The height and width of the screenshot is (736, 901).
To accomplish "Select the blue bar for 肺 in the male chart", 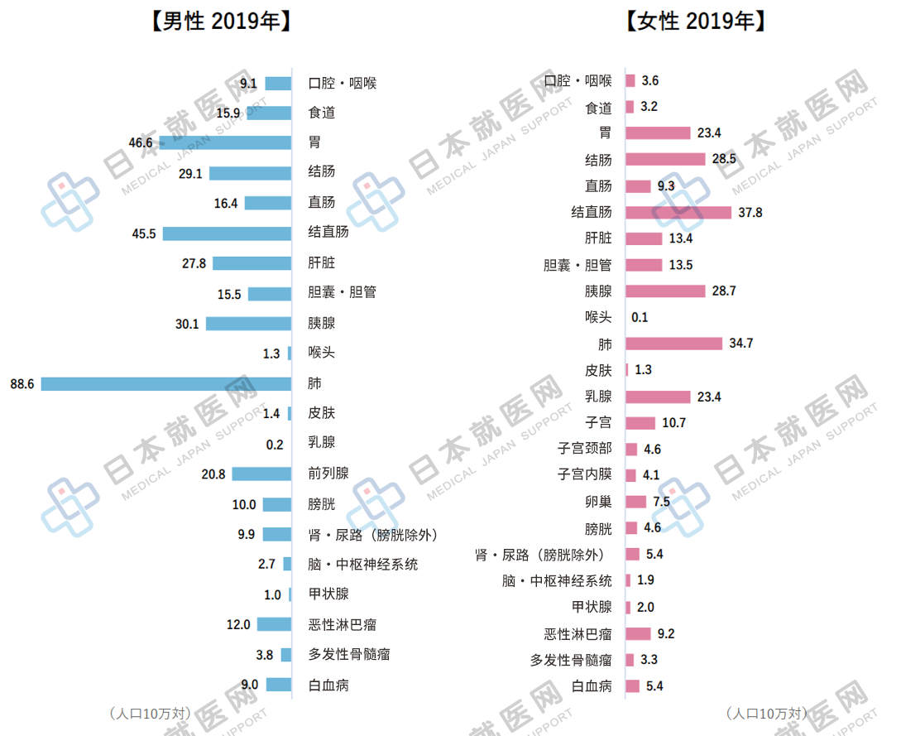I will pos(166,383).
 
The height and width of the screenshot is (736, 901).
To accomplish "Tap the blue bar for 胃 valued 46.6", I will pos(225,142).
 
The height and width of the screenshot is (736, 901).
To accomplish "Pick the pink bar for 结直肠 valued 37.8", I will pos(678,213).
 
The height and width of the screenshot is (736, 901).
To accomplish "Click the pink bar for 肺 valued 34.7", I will pos(673,344).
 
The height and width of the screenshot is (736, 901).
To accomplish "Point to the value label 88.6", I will pos(22,383).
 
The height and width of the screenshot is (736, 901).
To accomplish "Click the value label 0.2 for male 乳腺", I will pos(275,444).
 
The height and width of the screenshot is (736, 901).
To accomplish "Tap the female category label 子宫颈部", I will pos(584,449).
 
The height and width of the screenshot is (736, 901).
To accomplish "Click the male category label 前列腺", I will pos(328,474).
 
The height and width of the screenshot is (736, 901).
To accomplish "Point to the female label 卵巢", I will pos(598,502).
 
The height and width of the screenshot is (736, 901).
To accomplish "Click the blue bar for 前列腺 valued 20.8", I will pos(261,474).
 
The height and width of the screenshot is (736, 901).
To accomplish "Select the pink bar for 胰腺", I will pos(665,291).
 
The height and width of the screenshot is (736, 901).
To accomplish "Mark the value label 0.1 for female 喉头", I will pos(640,317).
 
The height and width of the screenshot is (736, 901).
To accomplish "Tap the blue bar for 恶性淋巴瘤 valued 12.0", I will pos(274,624).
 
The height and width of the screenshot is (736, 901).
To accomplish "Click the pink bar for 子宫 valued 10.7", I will pos(640,423).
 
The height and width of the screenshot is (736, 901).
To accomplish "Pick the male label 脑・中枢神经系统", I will pos(362,564).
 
